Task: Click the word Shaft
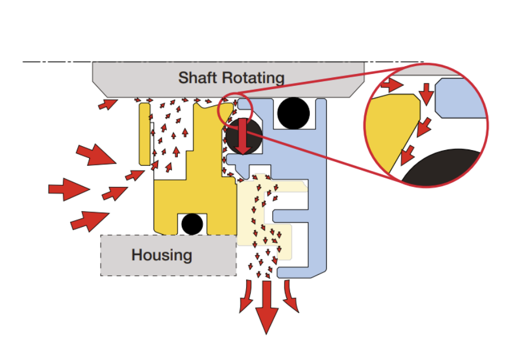[198, 78]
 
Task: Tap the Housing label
[162, 255]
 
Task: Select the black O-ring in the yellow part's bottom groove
[192, 224]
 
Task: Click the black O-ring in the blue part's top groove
[294, 113]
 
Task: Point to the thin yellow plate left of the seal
[145, 134]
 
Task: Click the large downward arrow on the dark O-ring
[243, 136]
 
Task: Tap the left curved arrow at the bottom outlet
[247, 296]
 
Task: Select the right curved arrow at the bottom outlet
[290, 296]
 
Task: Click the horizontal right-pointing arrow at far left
[69, 190]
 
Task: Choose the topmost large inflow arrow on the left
[96, 155]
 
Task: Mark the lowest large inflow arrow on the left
[90, 221]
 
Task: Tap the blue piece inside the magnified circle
[461, 98]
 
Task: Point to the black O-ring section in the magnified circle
[441, 168]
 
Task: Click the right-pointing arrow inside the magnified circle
[392, 85]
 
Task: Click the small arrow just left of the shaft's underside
[108, 104]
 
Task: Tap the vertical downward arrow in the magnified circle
[427, 94]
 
